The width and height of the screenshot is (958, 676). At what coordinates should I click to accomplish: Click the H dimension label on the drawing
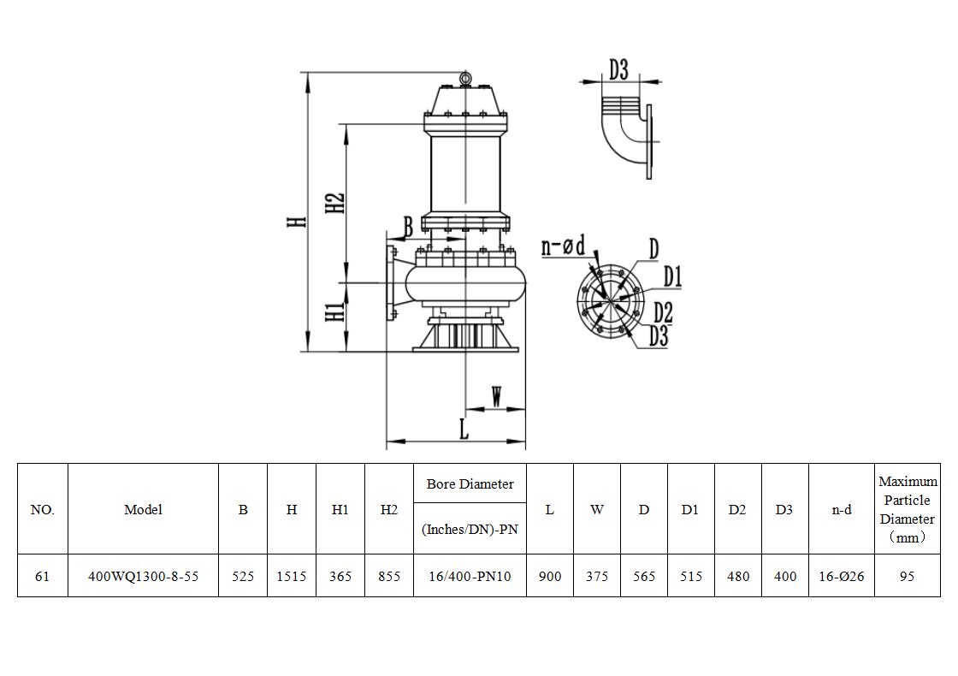tap(296, 222)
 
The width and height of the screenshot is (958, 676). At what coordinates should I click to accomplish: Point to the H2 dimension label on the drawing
tap(334, 203)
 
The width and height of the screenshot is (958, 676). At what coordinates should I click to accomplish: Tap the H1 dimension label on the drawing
tap(334, 311)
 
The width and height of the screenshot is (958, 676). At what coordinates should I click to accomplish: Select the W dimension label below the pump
tap(497, 396)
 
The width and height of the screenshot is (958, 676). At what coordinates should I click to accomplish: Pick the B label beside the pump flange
tap(408, 227)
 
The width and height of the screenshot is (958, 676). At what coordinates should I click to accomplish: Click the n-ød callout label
tap(564, 246)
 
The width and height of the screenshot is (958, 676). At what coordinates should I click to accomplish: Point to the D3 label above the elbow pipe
tap(618, 69)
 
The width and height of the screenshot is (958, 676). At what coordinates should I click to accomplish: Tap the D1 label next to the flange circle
tap(672, 276)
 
